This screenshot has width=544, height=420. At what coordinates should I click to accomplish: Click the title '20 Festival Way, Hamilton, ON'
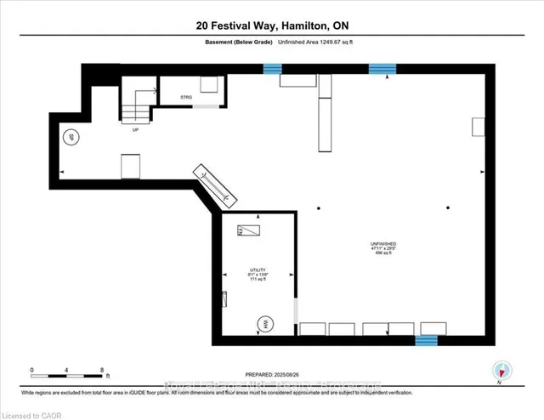coord(271,26)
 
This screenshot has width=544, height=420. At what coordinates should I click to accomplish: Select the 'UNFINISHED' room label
coord(383,242)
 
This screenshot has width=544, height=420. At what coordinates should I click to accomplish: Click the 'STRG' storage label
coord(186,98)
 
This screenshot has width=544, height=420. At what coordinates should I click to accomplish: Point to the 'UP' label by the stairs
coord(135,130)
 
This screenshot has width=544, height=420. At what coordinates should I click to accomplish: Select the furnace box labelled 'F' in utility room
coord(251,230)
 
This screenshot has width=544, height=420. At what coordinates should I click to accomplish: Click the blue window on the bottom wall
coord(426,340)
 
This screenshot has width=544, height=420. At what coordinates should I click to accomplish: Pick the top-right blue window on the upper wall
coord(382,68)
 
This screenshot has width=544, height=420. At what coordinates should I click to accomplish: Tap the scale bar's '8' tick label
coord(102,371)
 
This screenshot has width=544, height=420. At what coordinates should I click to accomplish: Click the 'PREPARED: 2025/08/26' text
coord(271,375)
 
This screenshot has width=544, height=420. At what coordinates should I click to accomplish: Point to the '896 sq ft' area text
coord(383,254)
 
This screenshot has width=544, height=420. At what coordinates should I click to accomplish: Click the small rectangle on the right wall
coord(478,127)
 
